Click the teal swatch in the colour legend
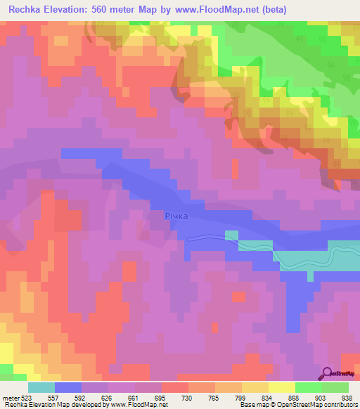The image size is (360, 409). click(x=41, y=387)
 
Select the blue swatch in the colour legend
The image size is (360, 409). click(x=68, y=387)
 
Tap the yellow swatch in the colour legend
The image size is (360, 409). click(x=282, y=387)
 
